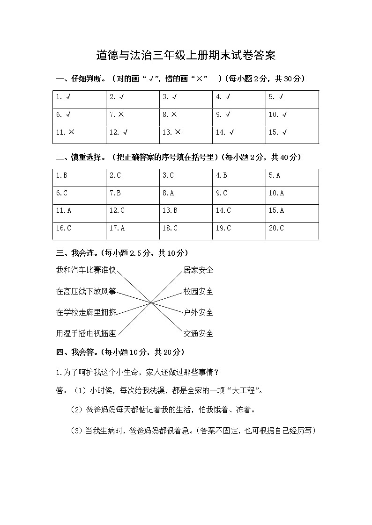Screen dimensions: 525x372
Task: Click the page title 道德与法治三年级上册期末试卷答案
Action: (186, 56)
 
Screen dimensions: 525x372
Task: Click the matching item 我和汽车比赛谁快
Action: (86, 270)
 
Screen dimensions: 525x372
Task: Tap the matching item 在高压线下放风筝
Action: (86, 291)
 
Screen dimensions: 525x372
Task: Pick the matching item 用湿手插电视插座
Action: (86, 333)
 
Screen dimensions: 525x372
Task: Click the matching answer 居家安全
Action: (198, 270)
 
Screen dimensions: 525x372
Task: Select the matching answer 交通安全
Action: (198, 333)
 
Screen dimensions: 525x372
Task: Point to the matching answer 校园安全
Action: (198, 291)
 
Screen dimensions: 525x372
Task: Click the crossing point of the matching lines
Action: (150, 302)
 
